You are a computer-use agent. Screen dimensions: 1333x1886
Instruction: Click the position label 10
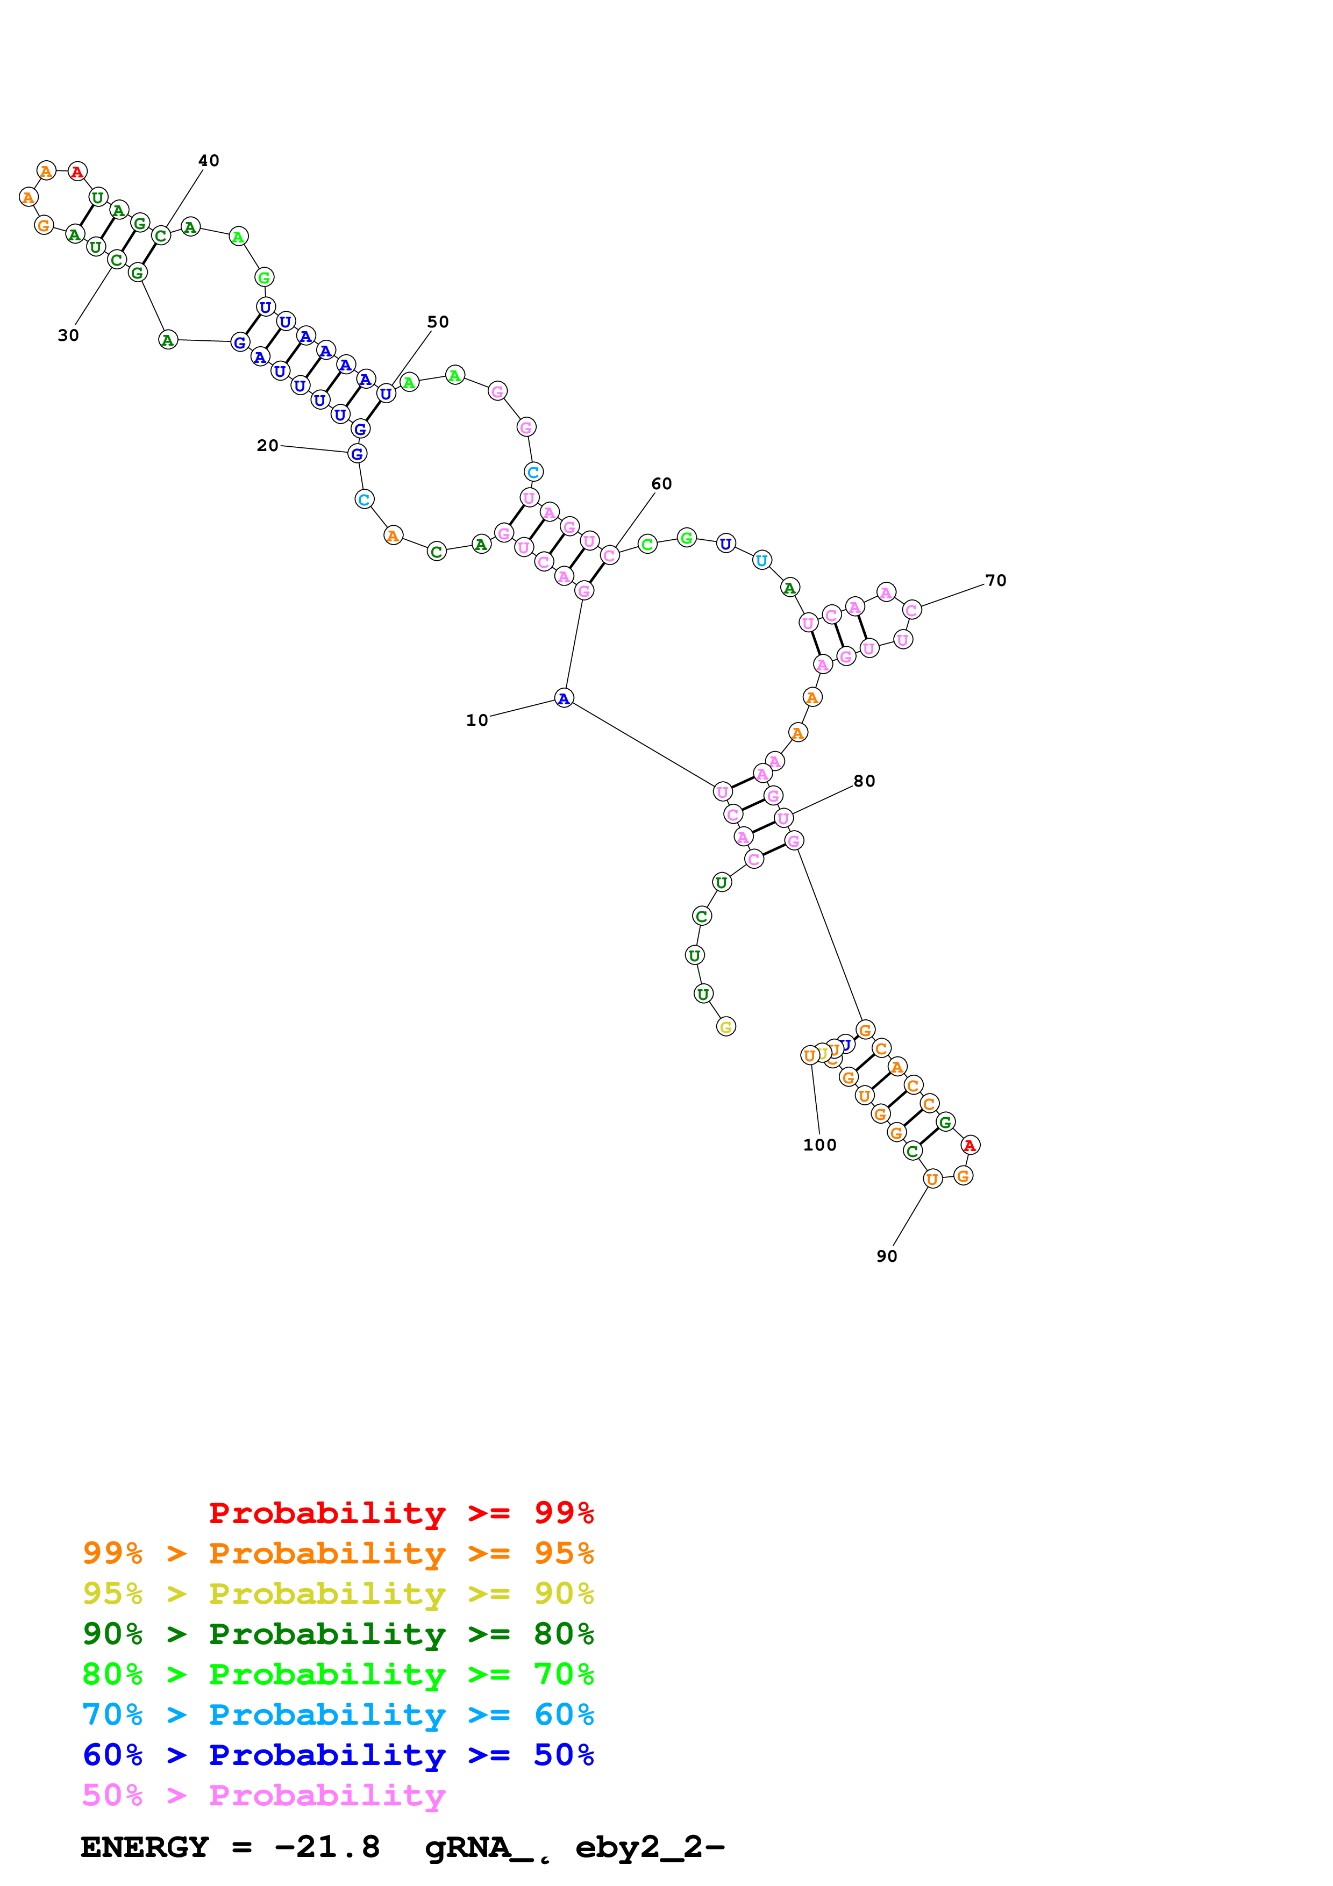point(476,720)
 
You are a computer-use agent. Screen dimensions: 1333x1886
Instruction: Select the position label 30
point(68,335)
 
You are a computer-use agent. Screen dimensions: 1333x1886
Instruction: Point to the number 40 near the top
point(209,160)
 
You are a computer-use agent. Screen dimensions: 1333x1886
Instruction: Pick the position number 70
point(995,581)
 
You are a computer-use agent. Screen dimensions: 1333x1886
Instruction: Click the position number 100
point(819,1145)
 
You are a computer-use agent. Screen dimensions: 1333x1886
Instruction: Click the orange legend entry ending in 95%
point(338,1553)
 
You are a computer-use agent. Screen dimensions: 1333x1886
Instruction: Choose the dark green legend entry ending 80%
point(338,1634)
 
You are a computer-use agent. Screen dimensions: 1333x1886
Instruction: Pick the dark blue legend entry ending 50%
point(338,1755)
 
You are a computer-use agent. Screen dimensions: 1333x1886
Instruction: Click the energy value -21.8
point(327,1847)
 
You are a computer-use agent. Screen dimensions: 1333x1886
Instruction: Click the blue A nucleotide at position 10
point(564,699)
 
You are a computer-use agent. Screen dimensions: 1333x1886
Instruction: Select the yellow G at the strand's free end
point(725,1027)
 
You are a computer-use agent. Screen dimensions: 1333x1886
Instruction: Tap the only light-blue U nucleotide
point(761,560)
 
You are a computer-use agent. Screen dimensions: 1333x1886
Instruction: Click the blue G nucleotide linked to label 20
point(357,453)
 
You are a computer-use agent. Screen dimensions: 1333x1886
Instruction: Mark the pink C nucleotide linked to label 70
point(911,610)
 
